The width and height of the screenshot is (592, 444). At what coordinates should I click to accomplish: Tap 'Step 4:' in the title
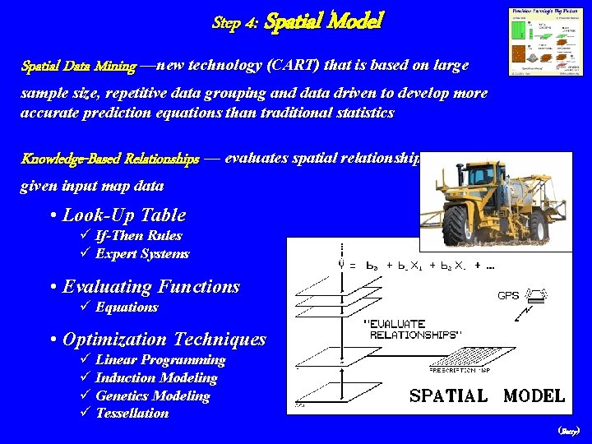(x=236, y=24)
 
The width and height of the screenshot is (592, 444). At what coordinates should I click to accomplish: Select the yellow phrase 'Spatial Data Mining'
(x=79, y=66)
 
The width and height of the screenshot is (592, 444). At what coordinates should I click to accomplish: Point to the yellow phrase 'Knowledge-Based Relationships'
(x=110, y=160)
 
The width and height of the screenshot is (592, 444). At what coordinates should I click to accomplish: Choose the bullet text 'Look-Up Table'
(x=124, y=215)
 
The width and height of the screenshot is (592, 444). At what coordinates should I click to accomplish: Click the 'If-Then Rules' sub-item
(x=138, y=235)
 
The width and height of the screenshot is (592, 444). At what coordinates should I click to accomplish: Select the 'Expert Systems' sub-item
(x=142, y=253)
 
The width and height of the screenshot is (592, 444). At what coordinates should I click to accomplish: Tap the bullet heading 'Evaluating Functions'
(x=151, y=287)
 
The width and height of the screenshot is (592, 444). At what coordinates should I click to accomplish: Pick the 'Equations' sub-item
(x=127, y=307)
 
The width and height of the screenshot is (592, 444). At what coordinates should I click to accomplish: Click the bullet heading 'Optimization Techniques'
(x=164, y=340)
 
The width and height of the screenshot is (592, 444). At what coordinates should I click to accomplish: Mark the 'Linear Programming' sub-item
(x=160, y=359)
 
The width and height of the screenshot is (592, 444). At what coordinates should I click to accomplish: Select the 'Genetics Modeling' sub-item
(x=153, y=395)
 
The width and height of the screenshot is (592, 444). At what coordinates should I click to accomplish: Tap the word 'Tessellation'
(x=132, y=413)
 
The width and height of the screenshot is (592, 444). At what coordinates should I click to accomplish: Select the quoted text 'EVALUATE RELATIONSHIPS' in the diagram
(x=408, y=329)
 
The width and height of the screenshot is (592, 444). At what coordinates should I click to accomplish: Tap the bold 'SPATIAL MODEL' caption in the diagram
(x=487, y=395)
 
